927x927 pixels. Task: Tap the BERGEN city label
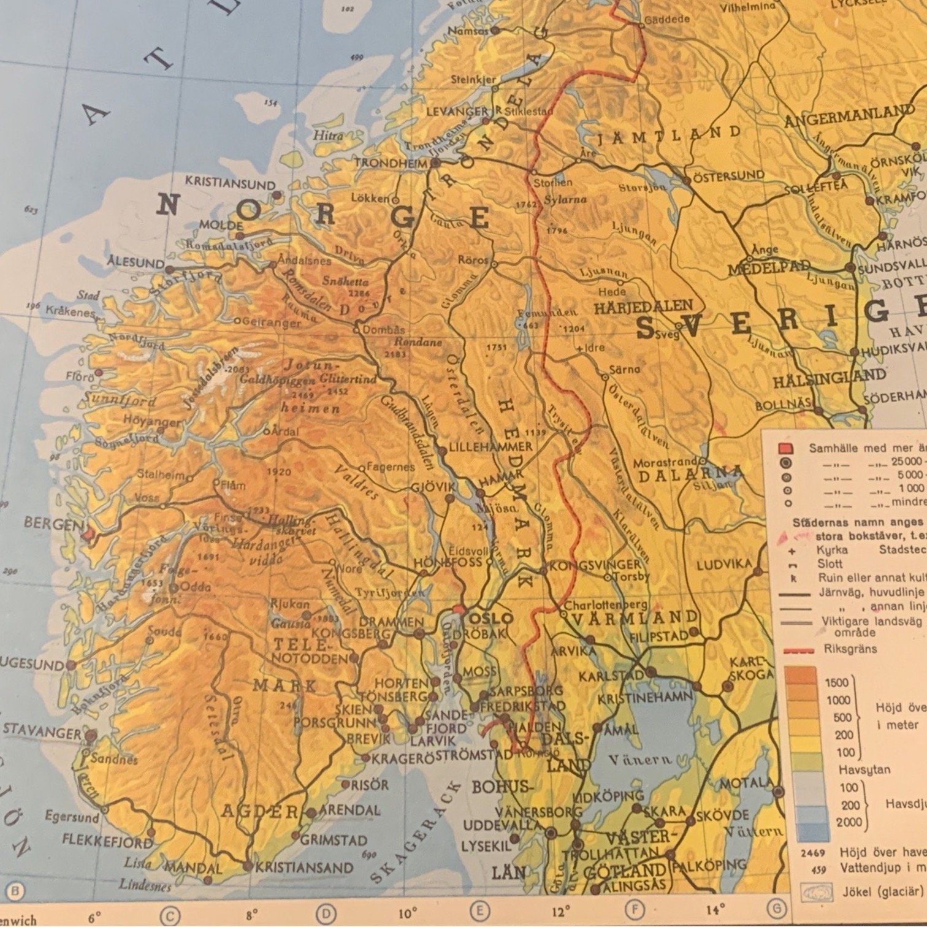pos(52,524)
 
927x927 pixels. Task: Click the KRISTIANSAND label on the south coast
pos(304,868)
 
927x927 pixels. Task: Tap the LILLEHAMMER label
pos(490,447)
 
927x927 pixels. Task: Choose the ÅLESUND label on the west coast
pos(135,263)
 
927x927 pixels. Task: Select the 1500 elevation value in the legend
pos(837,682)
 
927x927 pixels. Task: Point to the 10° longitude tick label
pos(407,913)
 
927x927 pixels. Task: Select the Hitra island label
pos(328,135)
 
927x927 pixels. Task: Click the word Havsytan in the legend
pos(864,769)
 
